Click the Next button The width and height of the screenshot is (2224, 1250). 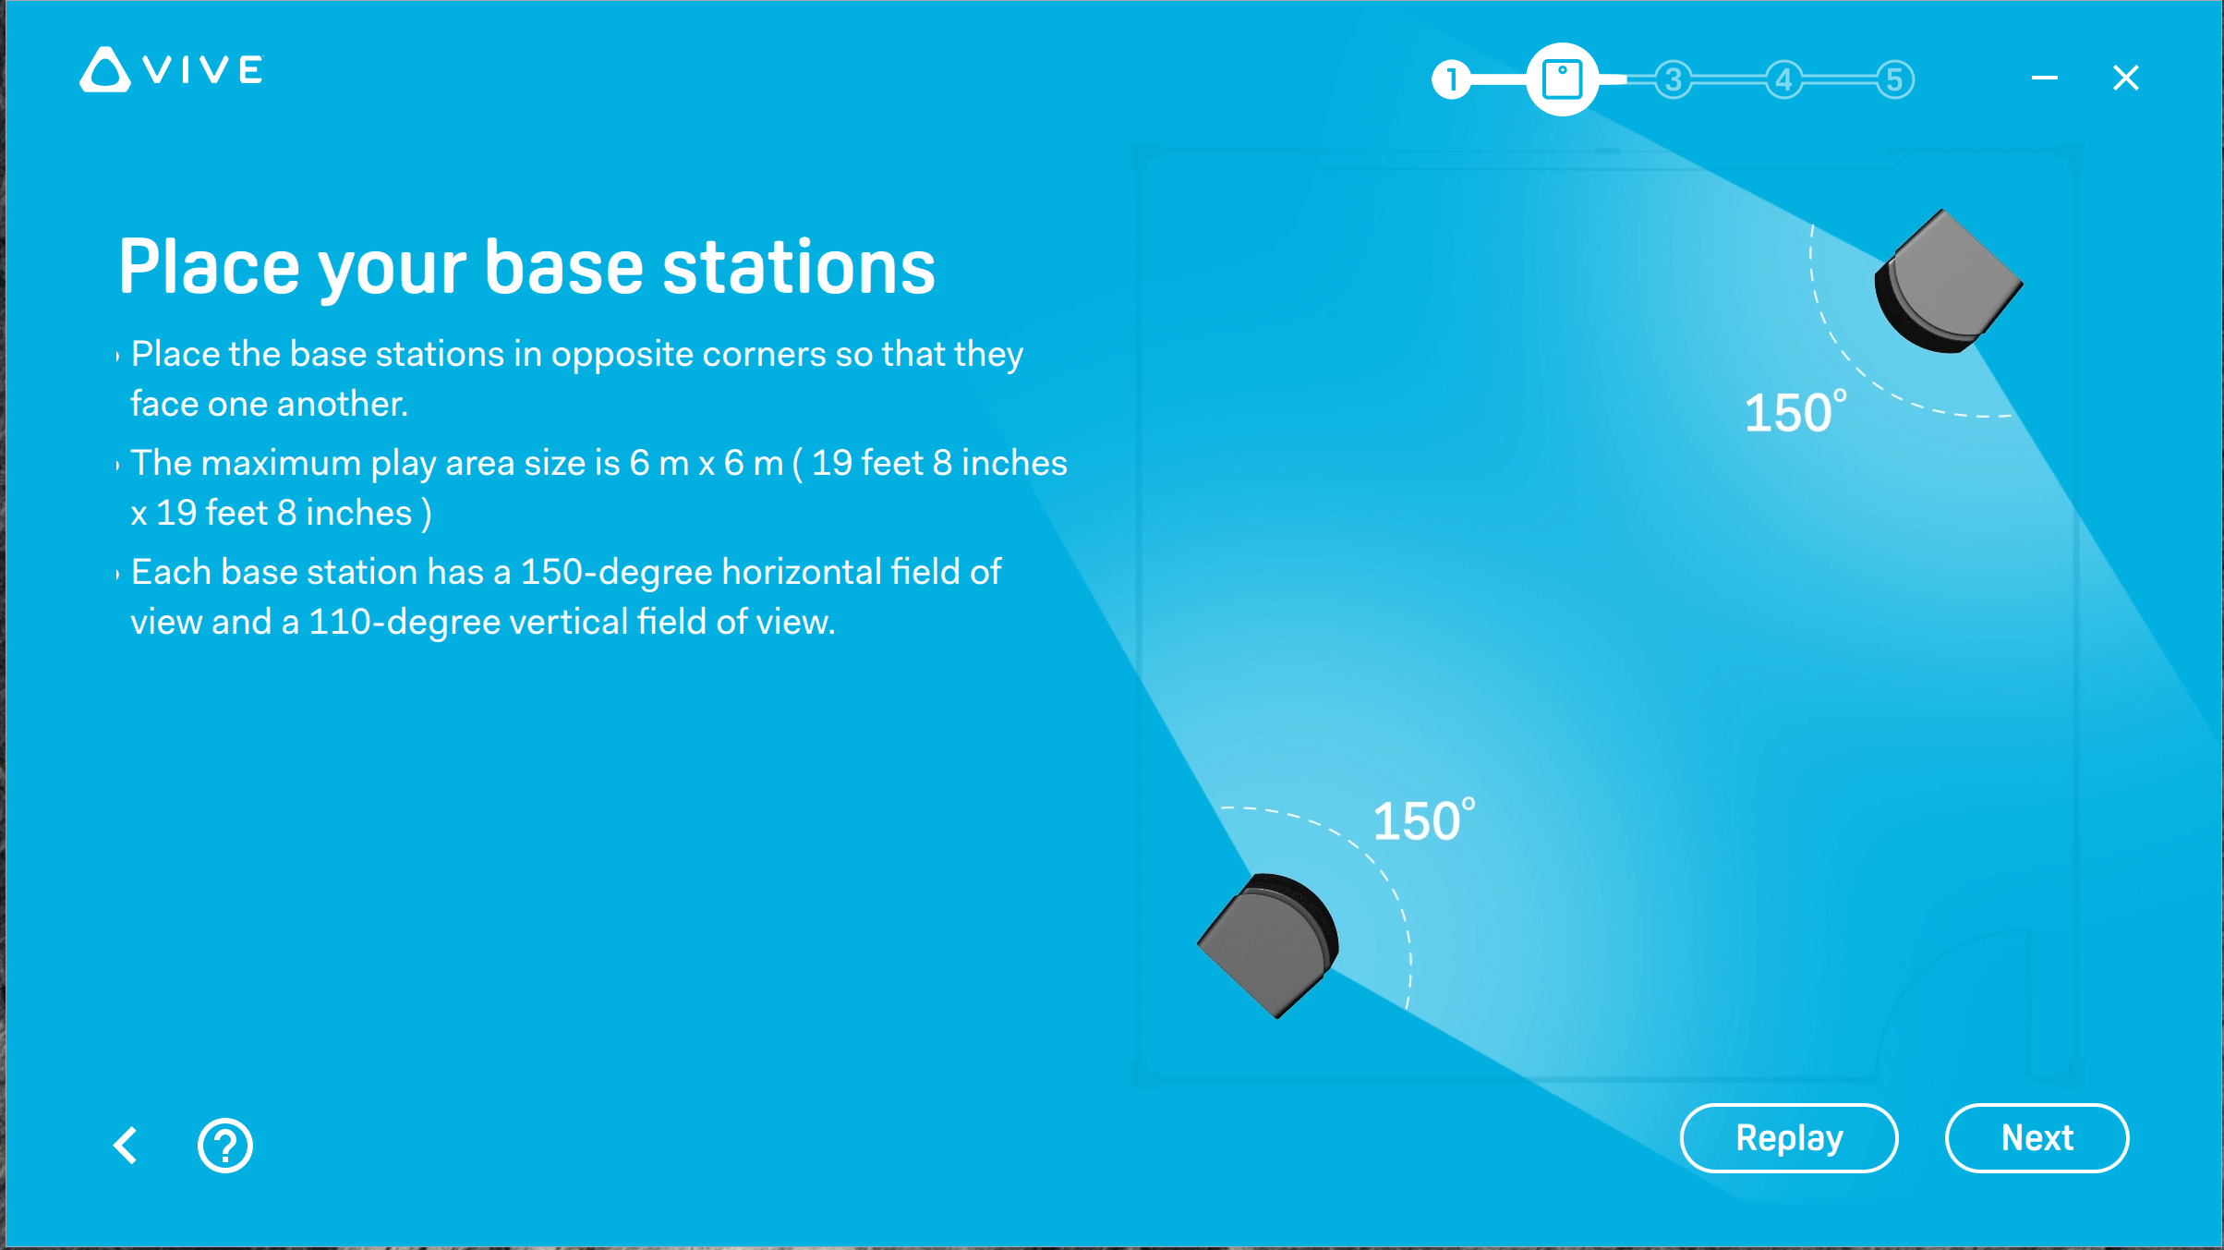[x=2037, y=1138]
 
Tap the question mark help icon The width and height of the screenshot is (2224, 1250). [x=224, y=1146]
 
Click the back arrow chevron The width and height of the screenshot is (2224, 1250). [x=126, y=1146]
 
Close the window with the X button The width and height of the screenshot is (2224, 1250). [x=2126, y=78]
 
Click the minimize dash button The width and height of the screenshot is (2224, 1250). [x=2045, y=78]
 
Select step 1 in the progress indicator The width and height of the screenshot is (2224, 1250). [x=1452, y=79]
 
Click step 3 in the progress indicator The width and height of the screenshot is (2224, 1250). [x=1674, y=79]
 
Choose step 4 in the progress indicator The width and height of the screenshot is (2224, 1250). [x=1784, y=79]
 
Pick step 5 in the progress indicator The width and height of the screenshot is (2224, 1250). [x=1895, y=79]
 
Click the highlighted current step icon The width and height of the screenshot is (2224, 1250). [x=1563, y=79]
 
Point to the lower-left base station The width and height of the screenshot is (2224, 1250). [x=1268, y=945]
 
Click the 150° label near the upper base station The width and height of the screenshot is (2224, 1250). [x=1795, y=412]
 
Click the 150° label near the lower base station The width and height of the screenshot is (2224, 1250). [x=1424, y=820]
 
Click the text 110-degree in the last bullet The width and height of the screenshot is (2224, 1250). [x=404, y=622]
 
